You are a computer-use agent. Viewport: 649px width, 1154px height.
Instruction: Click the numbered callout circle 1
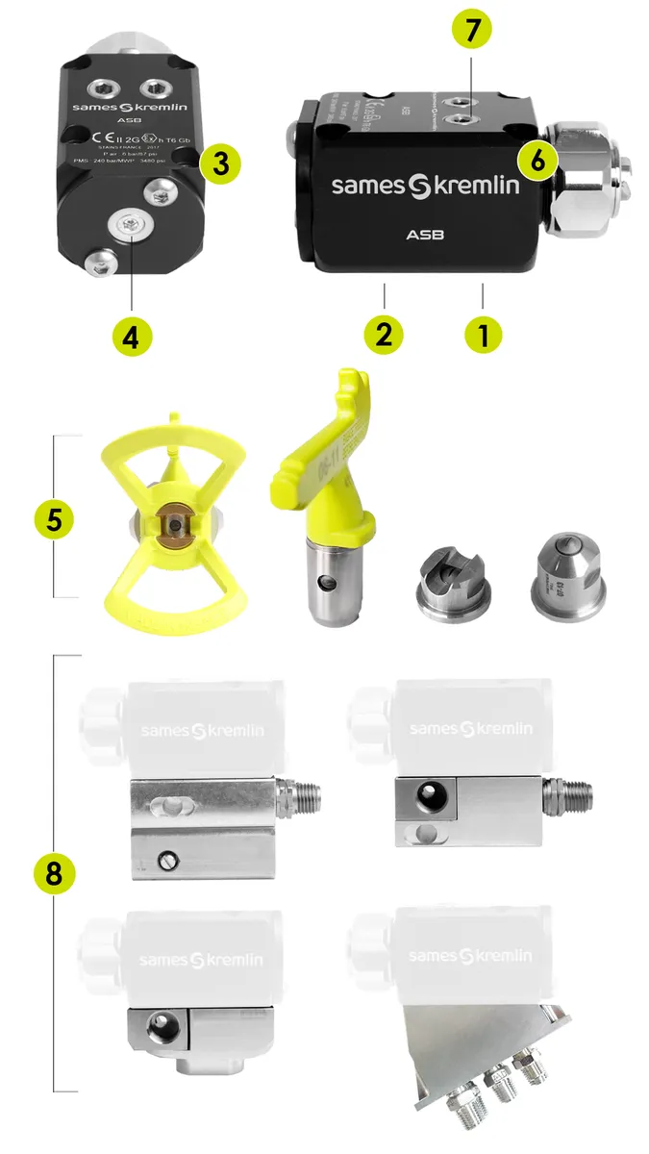tap(483, 335)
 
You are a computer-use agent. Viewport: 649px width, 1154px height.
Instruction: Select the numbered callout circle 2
tap(384, 335)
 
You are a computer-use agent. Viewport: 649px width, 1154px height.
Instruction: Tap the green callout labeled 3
tap(220, 163)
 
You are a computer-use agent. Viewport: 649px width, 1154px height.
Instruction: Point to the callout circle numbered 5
tap(54, 518)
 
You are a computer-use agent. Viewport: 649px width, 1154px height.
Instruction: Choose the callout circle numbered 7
tap(471, 30)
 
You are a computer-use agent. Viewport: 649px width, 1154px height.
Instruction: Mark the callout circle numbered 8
tap(54, 873)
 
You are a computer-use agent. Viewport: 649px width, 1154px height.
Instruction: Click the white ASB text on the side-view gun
tap(424, 234)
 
